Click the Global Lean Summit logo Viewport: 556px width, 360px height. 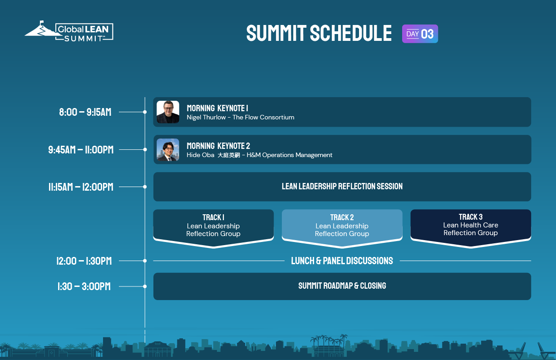pyautogui.click(x=69, y=31)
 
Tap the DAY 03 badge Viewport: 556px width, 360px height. pyautogui.click(x=420, y=34)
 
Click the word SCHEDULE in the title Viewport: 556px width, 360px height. pyautogui.click(x=351, y=33)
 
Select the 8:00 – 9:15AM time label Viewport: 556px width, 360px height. pyautogui.click(x=85, y=112)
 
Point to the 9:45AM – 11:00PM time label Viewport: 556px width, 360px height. pyautogui.click(x=81, y=150)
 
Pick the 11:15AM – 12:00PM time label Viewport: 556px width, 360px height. pyautogui.click(x=81, y=187)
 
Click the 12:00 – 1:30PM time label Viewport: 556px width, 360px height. pyautogui.click(x=84, y=261)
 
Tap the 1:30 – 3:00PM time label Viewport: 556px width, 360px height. pyautogui.click(x=84, y=286)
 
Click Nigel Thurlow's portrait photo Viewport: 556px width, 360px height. pyautogui.click(x=168, y=112)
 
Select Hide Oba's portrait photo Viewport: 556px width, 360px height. pyautogui.click(x=168, y=150)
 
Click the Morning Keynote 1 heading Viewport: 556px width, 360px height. pyautogui.click(x=217, y=108)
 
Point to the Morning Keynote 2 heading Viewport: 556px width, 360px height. pyautogui.click(x=218, y=146)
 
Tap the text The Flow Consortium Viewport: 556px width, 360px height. pyautogui.click(x=263, y=118)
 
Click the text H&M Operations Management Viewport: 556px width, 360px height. pyautogui.click(x=290, y=155)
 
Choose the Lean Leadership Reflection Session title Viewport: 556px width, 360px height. pyautogui.click(x=342, y=187)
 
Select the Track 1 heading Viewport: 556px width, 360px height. pyautogui.click(x=213, y=217)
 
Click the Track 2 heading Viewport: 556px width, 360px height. pyautogui.click(x=342, y=217)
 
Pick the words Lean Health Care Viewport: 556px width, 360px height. pyautogui.click(x=471, y=225)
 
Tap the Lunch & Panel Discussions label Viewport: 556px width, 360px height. pyautogui.click(x=342, y=261)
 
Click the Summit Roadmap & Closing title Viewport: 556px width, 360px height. pyautogui.click(x=342, y=286)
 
